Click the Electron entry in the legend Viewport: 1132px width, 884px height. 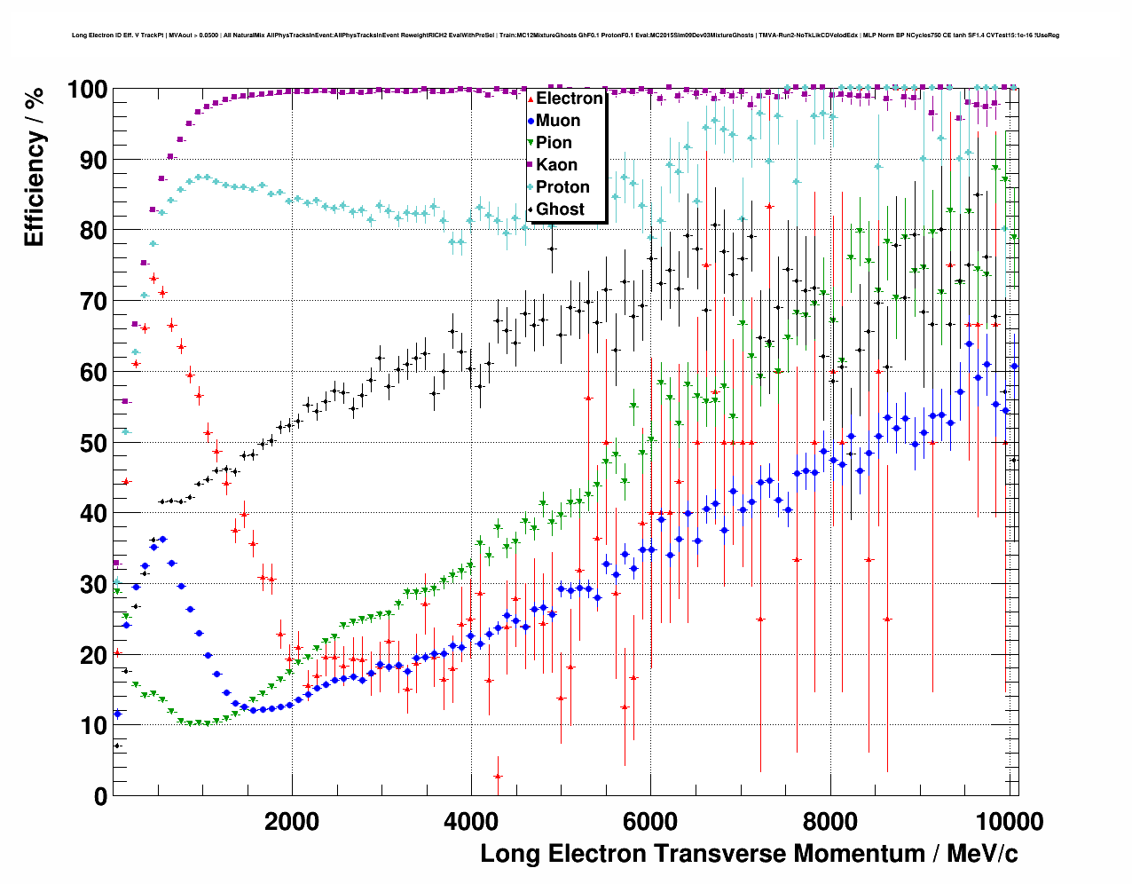[x=569, y=99]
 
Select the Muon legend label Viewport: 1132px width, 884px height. [x=558, y=121]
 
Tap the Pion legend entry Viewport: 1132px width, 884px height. [x=554, y=143]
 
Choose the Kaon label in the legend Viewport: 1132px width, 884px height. [x=556, y=165]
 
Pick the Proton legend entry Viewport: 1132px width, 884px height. [x=562, y=187]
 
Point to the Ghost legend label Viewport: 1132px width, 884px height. [x=560, y=209]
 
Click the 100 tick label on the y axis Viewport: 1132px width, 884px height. [x=87, y=90]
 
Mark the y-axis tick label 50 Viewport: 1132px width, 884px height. [x=93, y=443]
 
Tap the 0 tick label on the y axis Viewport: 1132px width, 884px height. [x=100, y=796]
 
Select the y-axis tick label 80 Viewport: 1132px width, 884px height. [x=93, y=231]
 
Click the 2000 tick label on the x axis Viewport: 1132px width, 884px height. [x=292, y=821]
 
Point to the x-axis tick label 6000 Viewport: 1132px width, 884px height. [x=650, y=821]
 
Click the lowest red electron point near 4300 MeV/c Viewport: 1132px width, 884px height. [x=498, y=777]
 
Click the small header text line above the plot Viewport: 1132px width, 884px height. [x=565, y=36]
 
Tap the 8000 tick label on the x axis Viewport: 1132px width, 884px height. [x=830, y=821]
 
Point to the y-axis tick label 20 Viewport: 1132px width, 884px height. [x=93, y=655]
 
